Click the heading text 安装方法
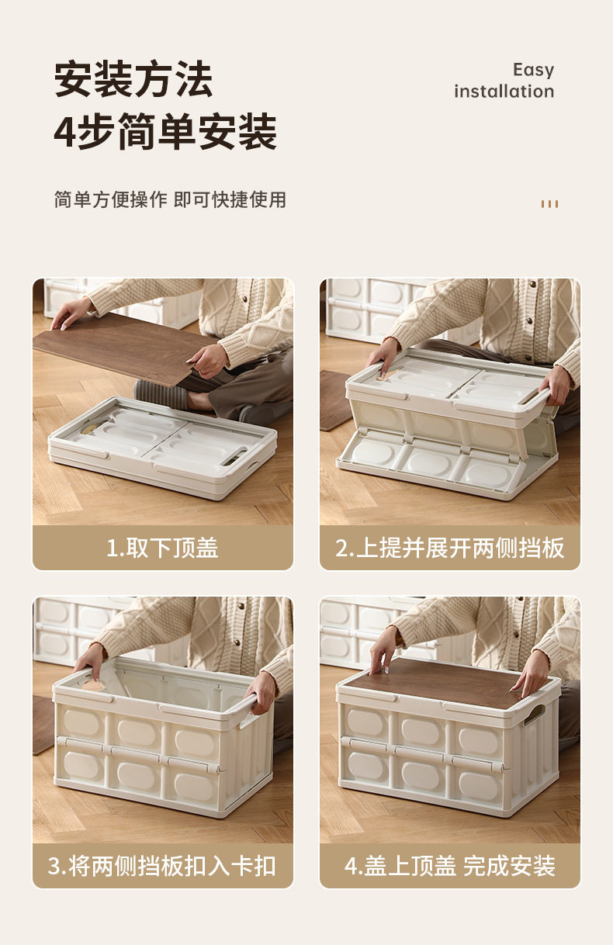[x=133, y=78]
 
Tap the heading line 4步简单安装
[x=165, y=131]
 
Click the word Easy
[x=533, y=70]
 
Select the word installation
[x=504, y=91]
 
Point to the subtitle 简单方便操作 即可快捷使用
[x=170, y=199]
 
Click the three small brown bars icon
[x=549, y=204]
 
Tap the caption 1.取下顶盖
[x=162, y=548]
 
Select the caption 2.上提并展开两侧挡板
[x=450, y=548]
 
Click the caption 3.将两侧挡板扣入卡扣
[x=162, y=866]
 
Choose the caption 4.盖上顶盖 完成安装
[x=450, y=866]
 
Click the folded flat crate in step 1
[x=162, y=447]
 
